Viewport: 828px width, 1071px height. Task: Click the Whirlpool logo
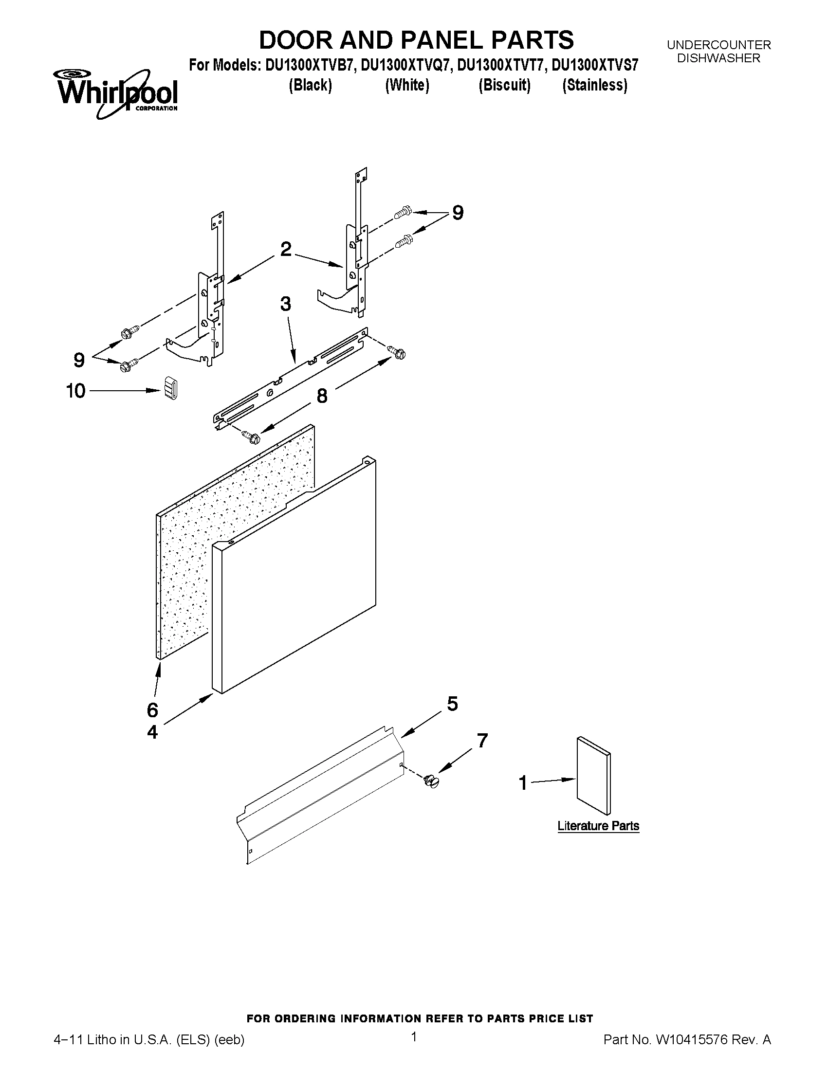point(116,93)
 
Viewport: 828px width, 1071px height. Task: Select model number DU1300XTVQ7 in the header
point(405,65)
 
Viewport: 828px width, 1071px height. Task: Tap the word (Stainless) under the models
point(594,85)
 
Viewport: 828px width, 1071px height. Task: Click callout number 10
point(75,391)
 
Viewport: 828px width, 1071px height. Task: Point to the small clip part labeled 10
point(170,388)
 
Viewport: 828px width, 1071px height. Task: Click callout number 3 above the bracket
point(285,304)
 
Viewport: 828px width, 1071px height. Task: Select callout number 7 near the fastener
point(482,741)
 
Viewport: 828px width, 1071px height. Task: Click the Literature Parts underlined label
point(598,826)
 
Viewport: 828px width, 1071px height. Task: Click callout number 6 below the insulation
point(152,709)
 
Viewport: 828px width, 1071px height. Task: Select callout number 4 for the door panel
point(152,733)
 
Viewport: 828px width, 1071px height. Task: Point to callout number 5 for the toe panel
point(452,704)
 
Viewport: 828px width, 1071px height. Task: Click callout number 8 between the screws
point(322,396)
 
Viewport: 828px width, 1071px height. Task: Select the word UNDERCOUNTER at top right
point(718,45)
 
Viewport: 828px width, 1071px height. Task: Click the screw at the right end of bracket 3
point(397,352)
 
